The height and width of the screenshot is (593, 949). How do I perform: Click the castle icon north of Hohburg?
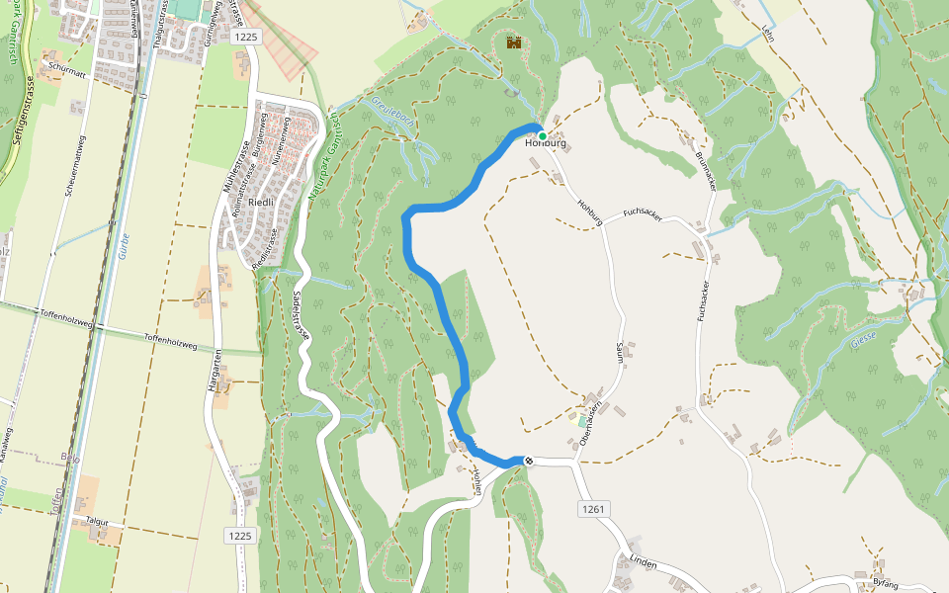(513, 42)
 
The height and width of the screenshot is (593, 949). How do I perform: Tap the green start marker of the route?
(543, 136)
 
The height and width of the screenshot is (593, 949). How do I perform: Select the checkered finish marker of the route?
(529, 462)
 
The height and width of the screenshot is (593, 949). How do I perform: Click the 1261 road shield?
(594, 509)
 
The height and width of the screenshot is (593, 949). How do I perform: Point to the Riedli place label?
(261, 202)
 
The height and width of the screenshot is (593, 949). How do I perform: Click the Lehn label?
(768, 34)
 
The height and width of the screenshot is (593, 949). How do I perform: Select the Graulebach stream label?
(390, 115)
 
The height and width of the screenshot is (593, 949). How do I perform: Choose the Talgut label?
(96, 520)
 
